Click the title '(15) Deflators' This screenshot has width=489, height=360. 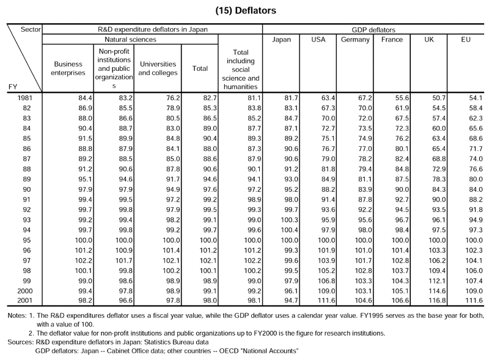coord(246,10)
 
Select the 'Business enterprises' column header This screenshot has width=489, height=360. coord(68,68)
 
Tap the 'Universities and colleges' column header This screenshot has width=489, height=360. coord(158,68)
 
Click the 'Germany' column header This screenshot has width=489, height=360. coord(355,40)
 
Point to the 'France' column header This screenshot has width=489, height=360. coord(392,40)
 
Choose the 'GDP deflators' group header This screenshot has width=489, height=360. coord(373,30)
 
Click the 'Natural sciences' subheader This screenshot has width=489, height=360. coord(130,40)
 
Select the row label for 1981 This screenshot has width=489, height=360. coord(25,98)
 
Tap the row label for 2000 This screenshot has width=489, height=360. coord(25,291)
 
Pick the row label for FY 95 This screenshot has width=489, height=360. coord(27,240)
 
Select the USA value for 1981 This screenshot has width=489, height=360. coord(328,98)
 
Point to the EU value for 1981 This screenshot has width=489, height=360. coord(476,98)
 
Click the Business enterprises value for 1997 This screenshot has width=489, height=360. coord(84,260)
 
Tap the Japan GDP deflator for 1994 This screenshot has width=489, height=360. coord(289,230)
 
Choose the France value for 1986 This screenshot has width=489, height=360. coord(402,149)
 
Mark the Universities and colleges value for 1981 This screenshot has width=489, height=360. coord(174,98)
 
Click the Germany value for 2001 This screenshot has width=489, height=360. coord(363,301)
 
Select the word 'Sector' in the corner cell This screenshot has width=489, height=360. coord(31,29)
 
